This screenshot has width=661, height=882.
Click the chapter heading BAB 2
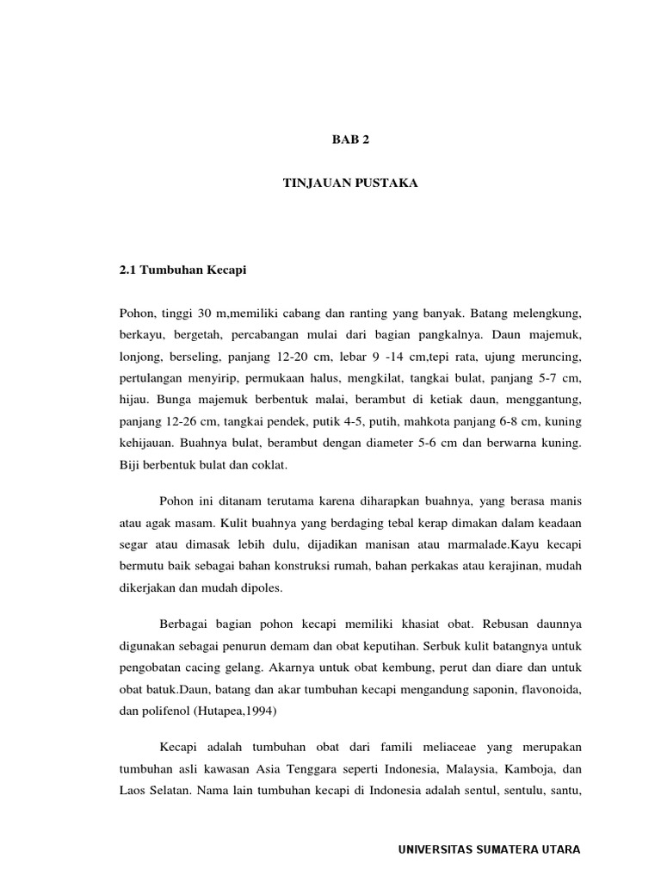(349, 138)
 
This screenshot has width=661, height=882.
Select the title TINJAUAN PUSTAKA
(349, 183)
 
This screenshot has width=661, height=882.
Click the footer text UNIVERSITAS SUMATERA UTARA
(490, 849)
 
